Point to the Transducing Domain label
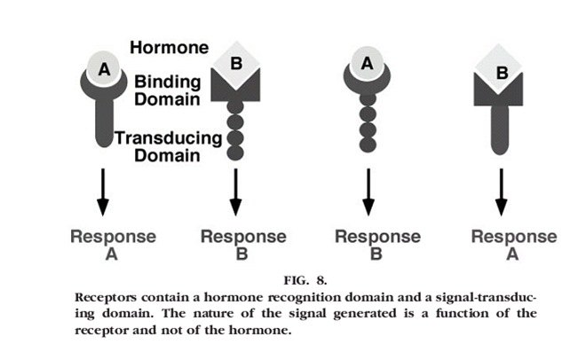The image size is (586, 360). click(x=168, y=145)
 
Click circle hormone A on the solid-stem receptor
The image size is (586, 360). click(x=102, y=67)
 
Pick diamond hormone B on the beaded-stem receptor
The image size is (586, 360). click(x=235, y=64)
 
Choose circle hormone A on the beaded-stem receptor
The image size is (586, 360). click(x=365, y=64)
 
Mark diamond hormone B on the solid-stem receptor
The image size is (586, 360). click(x=501, y=72)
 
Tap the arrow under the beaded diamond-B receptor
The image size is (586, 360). click(x=235, y=193)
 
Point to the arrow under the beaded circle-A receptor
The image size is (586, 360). click(x=365, y=193)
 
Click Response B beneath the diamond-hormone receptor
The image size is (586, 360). click(x=242, y=243)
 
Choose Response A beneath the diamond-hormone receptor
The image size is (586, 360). click(x=513, y=243)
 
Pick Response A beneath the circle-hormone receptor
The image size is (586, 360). click(x=113, y=243)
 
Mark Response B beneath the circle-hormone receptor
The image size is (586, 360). click(x=376, y=243)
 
